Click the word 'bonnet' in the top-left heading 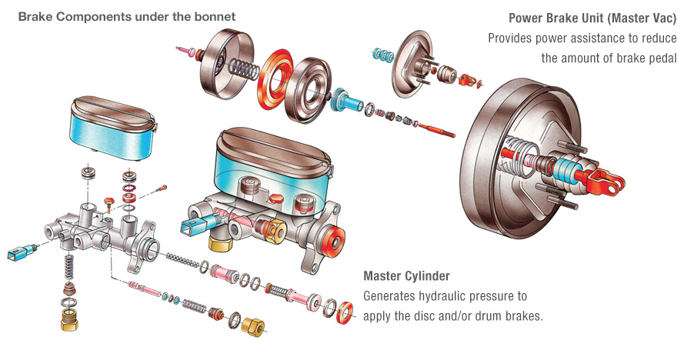click(x=215, y=15)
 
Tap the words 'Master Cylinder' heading click(x=406, y=275)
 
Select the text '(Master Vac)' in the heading click(x=642, y=18)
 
